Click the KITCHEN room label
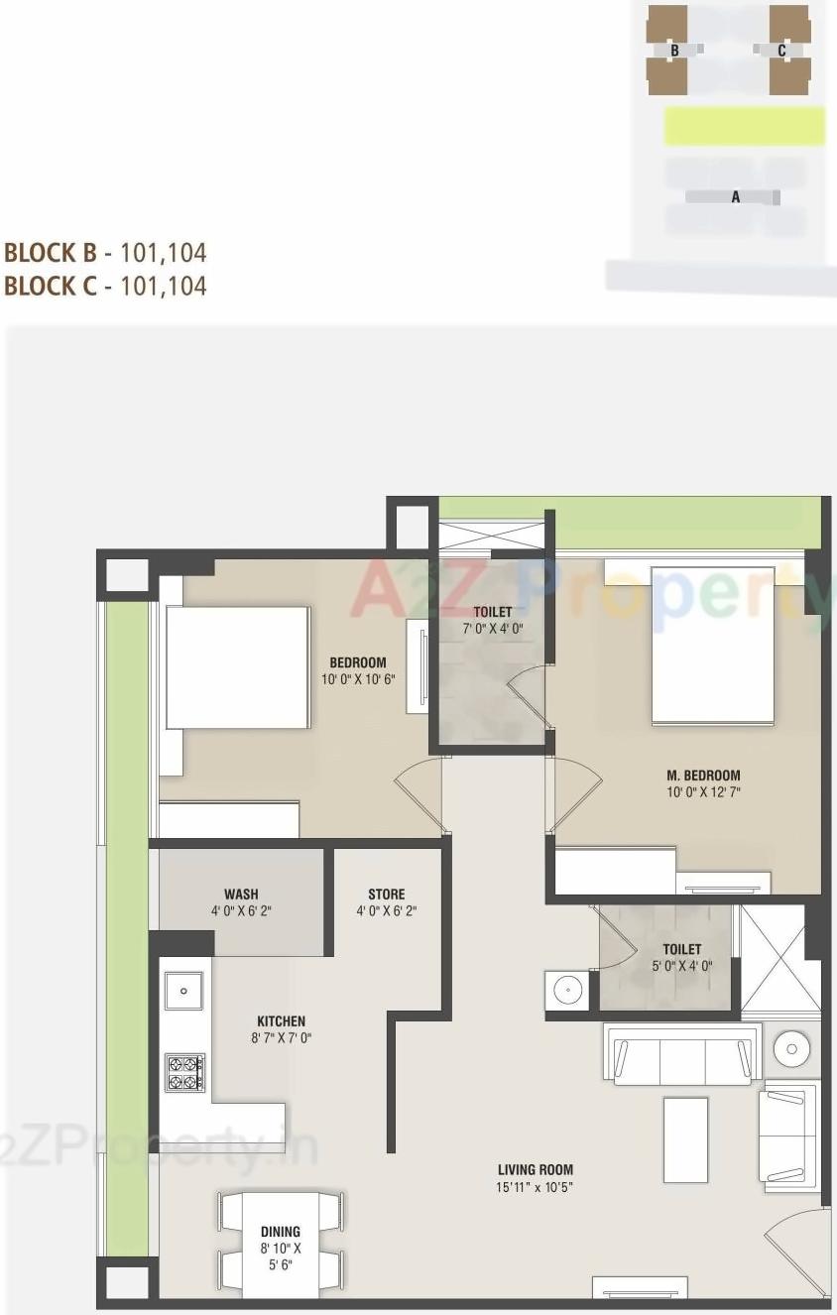point(281,1020)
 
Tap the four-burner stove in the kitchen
point(184,1073)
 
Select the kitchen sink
point(183,989)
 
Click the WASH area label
point(241,894)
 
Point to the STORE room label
point(386,894)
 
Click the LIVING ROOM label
point(536,1169)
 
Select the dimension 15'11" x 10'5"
point(536,1186)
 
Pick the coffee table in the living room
point(685,1139)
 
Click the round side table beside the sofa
point(792,1046)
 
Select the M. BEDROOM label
point(703,776)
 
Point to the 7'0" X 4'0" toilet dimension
point(493,629)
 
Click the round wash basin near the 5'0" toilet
point(567,989)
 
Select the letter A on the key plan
point(736,197)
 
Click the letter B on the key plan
point(674,50)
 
